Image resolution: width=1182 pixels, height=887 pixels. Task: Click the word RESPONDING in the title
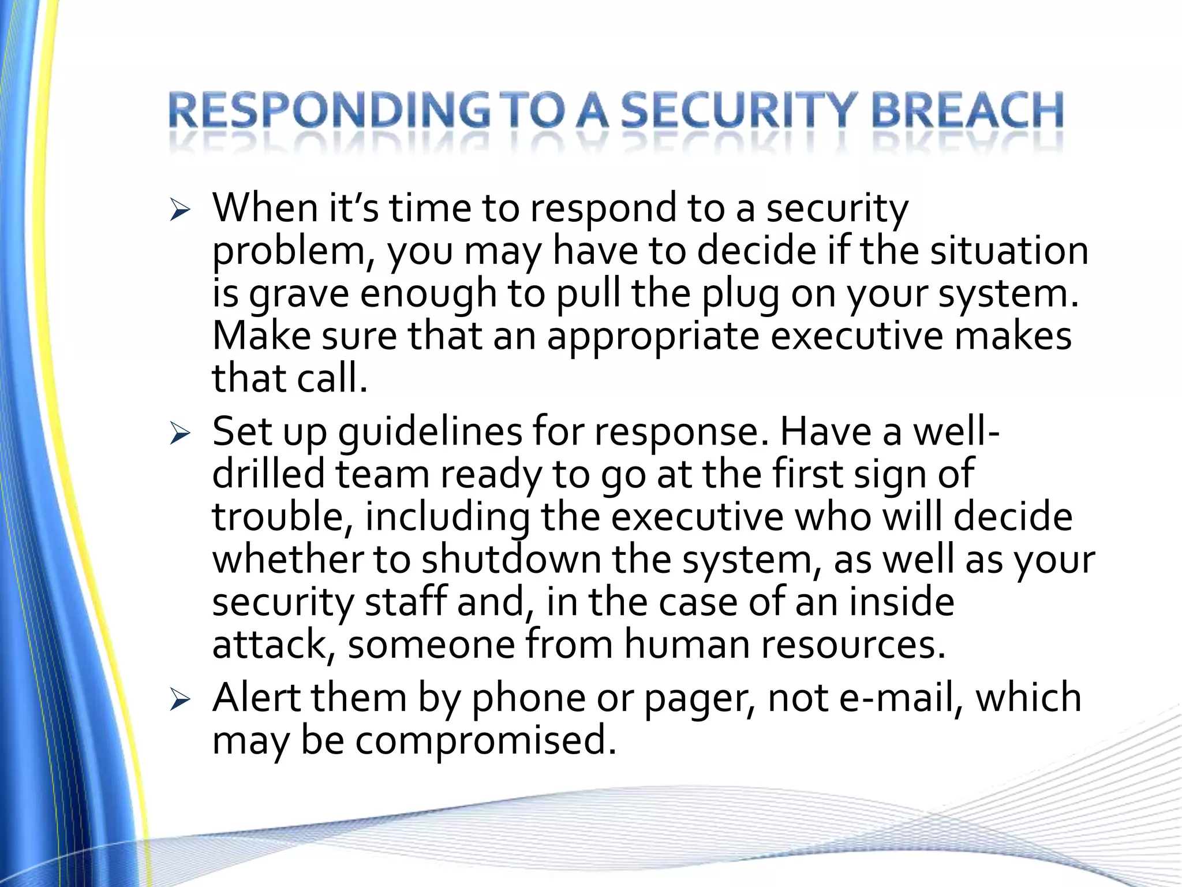329,111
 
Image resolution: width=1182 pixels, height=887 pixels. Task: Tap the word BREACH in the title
967,111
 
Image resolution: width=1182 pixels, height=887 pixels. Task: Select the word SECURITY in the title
739,111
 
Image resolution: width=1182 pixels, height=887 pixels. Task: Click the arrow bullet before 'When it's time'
180,211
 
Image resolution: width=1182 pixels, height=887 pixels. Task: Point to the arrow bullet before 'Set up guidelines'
180,435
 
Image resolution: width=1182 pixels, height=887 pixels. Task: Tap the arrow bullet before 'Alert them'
180,701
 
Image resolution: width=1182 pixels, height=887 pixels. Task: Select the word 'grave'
299,295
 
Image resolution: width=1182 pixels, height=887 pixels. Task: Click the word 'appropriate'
652,337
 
